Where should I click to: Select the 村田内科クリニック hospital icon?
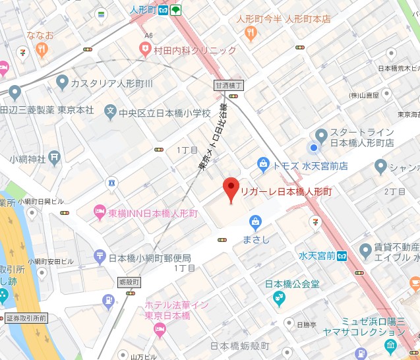click(144, 49)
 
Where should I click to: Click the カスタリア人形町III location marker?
click(63, 82)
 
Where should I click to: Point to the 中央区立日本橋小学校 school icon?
click(111, 113)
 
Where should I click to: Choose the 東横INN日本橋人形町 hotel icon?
click(99, 212)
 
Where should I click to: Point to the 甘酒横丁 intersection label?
click(229, 85)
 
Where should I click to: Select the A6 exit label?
click(149, 35)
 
